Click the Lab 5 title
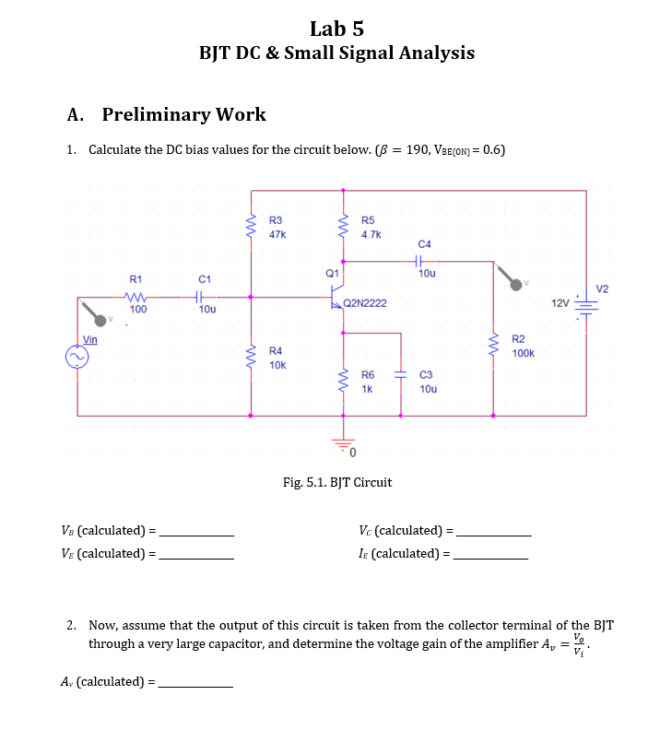coord(336,28)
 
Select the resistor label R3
coord(276,220)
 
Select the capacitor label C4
coord(424,244)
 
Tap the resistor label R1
coord(136,278)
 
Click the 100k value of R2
coord(524,354)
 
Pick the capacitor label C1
coord(206,278)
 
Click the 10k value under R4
coord(277,366)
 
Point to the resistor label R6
coord(368,375)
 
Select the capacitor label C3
coord(426,375)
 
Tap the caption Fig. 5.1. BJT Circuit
coord(336,482)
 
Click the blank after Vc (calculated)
coord(494,534)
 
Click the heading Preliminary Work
coord(183,114)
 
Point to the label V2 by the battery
coord(603,289)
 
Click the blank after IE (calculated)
coord(491,557)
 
